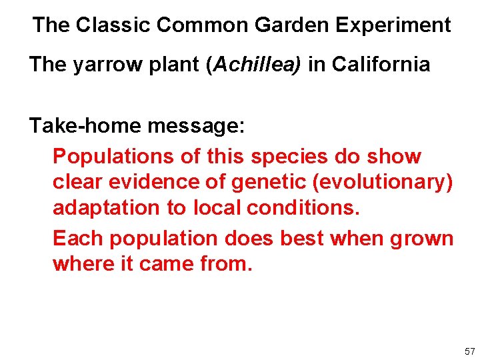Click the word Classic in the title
point(113,25)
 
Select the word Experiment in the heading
point(393,25)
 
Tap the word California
point(381,65)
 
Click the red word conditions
point(303,208)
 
